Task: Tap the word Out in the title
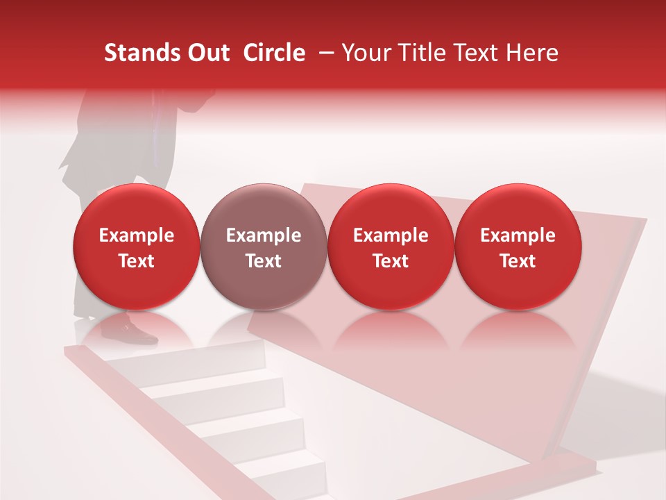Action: click(x=207, y=53)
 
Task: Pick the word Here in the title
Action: click(x=531, y=53)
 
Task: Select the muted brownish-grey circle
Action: click(x=264, y=247)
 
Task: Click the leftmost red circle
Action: click(x=137, y=247)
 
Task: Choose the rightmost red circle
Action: click(x=518, y=247)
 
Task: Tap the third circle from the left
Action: click(x=391, y=247)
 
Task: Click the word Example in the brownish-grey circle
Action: click(x=264, y=235)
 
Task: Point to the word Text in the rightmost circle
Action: click(x=518, y=261)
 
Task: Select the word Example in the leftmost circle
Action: click(x=137, y=235)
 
